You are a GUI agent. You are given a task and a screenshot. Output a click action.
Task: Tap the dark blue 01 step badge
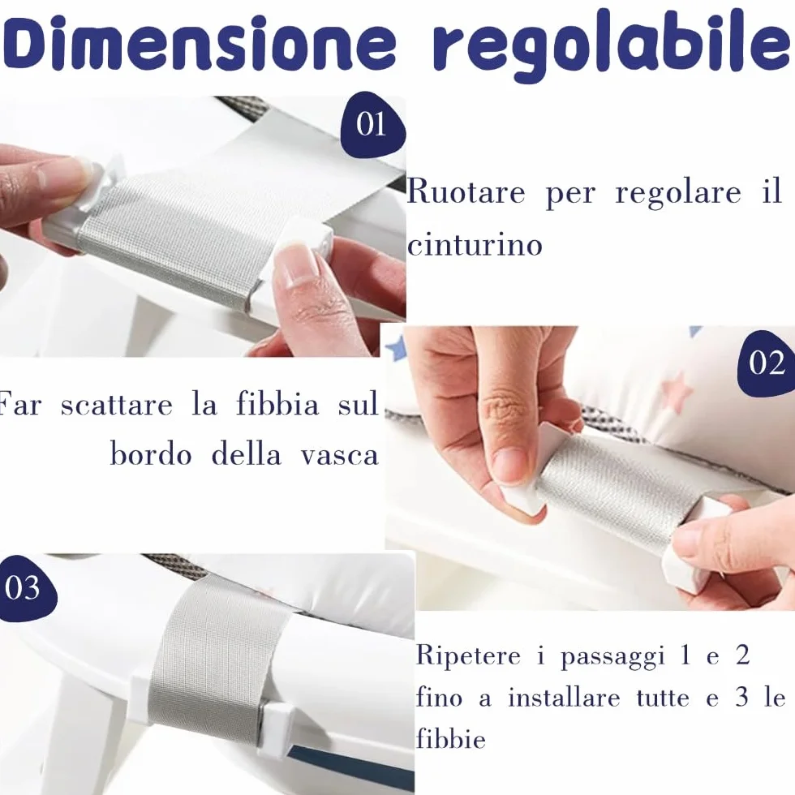coord(372,124)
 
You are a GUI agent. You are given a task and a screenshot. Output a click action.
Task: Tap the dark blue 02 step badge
coord(766,363)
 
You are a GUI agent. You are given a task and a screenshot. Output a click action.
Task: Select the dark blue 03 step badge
coord(24,588)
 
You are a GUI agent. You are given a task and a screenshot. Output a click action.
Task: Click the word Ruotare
coord(466,191)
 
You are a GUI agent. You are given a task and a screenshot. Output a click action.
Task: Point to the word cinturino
coord(475,244)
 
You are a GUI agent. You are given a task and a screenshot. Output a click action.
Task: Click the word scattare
coord(117,405)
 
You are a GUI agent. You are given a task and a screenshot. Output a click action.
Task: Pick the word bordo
coord(151,453)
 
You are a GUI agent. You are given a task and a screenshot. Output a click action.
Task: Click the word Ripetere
coord(468,655)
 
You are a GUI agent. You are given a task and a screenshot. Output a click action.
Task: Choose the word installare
coord(564,698)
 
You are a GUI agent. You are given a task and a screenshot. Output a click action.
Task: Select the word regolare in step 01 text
coord(678,194)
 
